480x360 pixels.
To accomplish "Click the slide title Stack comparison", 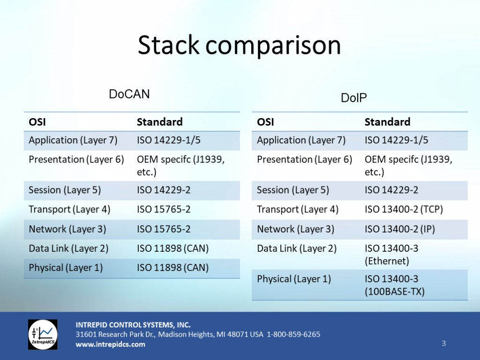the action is coord(239,45).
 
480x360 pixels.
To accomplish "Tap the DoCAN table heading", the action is coord(129,94).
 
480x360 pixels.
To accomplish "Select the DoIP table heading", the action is coord(353,97).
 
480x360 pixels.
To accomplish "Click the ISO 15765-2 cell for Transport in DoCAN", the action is coord(164,210).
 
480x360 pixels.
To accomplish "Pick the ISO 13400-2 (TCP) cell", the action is coord(404,210).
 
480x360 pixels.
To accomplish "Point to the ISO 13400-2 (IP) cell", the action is coord(400,229).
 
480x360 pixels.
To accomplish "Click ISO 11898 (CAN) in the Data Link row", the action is coord(172,248).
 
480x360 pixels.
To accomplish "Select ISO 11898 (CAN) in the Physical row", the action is coord(172,268).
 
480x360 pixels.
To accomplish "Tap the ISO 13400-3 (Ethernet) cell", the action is coord(391,255).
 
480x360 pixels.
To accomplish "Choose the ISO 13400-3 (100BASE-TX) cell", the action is coord(395,285).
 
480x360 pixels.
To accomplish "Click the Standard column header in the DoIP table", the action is coord(387,122).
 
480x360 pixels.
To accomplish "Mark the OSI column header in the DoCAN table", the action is coord(37,122).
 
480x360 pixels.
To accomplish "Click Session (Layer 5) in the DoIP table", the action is coord(293,190).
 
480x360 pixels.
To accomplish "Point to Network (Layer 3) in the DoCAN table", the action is coord(67,229).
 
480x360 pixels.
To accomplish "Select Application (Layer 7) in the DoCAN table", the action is coord(73,140).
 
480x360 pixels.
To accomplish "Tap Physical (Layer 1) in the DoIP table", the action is coord(294,279).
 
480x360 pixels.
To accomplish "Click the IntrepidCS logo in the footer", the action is coord(43,335).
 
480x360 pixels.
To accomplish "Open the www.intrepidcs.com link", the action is coord(110,345).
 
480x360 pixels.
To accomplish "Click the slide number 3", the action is coord(443,344).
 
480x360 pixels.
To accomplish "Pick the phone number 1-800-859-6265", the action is coord(293,334).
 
